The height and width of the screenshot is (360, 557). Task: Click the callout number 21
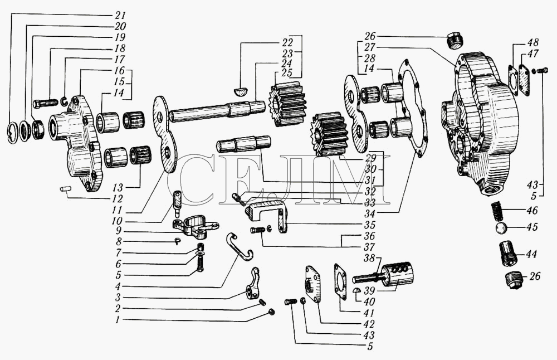click(x=121, y=15)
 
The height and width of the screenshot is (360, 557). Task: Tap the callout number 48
click(x=532, y=43)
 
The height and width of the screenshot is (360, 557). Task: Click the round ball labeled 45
click(x=500, y=228)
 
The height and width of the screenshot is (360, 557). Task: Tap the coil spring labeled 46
click(x=498, y=211)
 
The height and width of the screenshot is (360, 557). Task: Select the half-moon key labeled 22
click(x=241, y=89)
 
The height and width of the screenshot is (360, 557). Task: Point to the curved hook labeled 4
click(x=240, y=245)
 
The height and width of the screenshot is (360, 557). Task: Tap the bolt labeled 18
click(x=46, y=103)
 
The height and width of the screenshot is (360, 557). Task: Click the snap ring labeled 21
click(x=14, y=133)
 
